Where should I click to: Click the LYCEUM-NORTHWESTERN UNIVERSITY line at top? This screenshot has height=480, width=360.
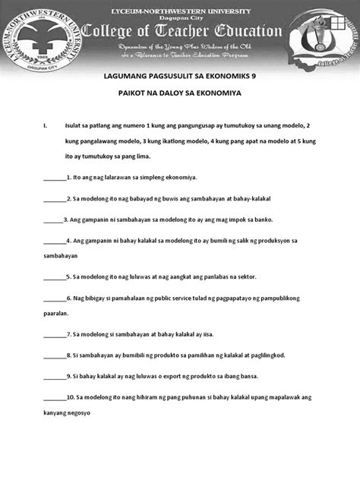[179, 7]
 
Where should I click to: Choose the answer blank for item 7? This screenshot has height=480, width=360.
[55, 334]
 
